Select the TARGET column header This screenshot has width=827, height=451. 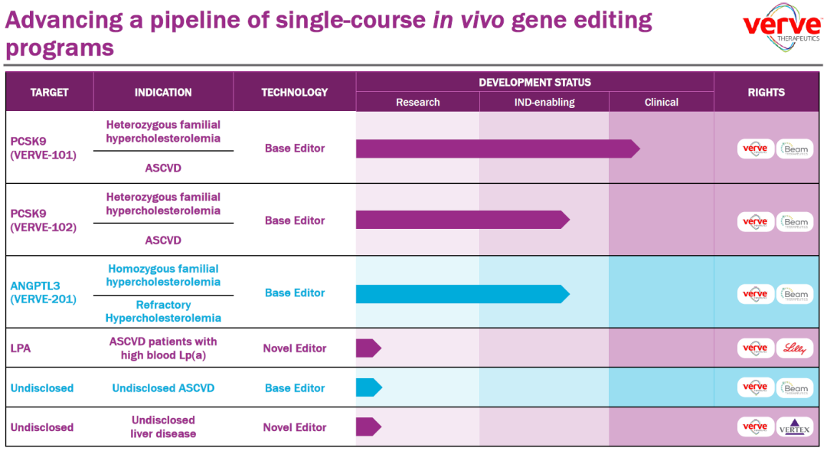click(49, 92)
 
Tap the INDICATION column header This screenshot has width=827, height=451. click(163, 92)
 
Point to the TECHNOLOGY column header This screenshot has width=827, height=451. click(295, 92)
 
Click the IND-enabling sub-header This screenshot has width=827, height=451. click(544, 102)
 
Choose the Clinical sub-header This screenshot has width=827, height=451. click(661, 102)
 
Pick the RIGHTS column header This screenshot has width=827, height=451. click(766, 92)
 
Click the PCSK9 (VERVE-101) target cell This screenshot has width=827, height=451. click(44, 149)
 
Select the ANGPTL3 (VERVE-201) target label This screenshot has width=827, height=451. click(44, 292)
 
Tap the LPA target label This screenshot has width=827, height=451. click(21, 348)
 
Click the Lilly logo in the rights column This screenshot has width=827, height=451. click(795, 348)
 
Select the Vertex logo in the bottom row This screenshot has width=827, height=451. click(795, 427)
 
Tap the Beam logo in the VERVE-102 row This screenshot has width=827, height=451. click(795, 221)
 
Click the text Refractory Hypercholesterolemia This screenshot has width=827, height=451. click(163, 312)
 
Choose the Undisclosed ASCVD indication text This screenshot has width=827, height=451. click(163, 388)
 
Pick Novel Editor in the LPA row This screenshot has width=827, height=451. click(295, 348)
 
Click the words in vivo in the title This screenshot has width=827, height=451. click(467, 20)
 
